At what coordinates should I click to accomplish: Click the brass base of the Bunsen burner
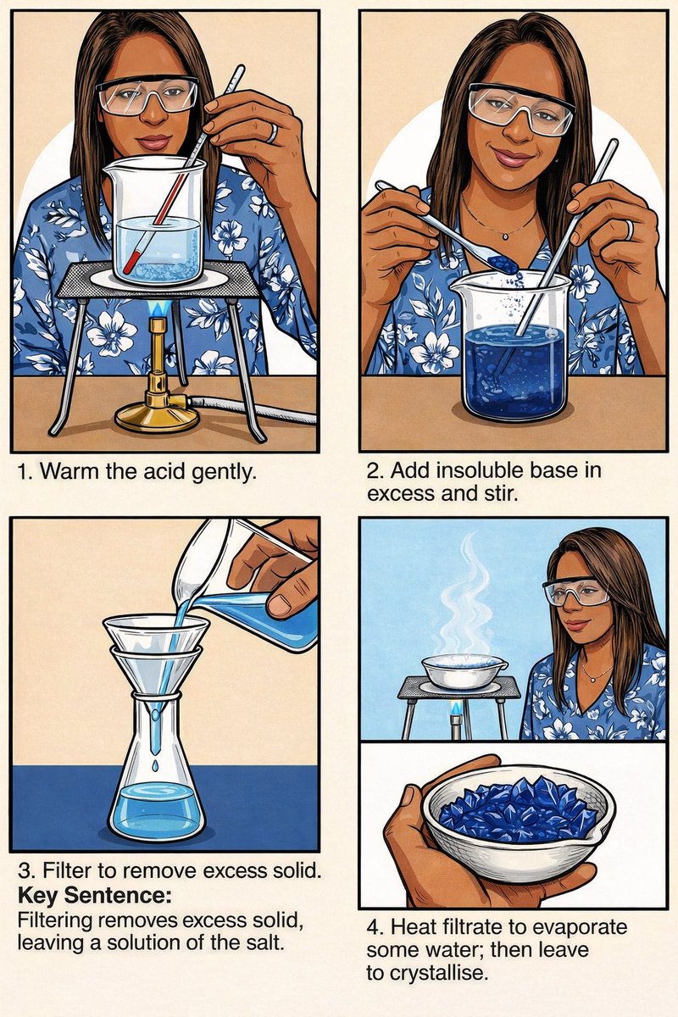pyautogui.click(x=157, y=416)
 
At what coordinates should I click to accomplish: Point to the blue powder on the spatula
pyautogui.click(x=504, y=263)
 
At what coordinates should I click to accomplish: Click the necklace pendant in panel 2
pyautogui.click(x=505, y=236)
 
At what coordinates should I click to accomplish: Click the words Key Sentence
pyautogui.click(x=95, y=895)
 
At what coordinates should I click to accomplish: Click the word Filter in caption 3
pyautogui.click(x=61, y=871)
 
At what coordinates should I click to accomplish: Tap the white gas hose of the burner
pyautogui.click(x=253, y=408)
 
